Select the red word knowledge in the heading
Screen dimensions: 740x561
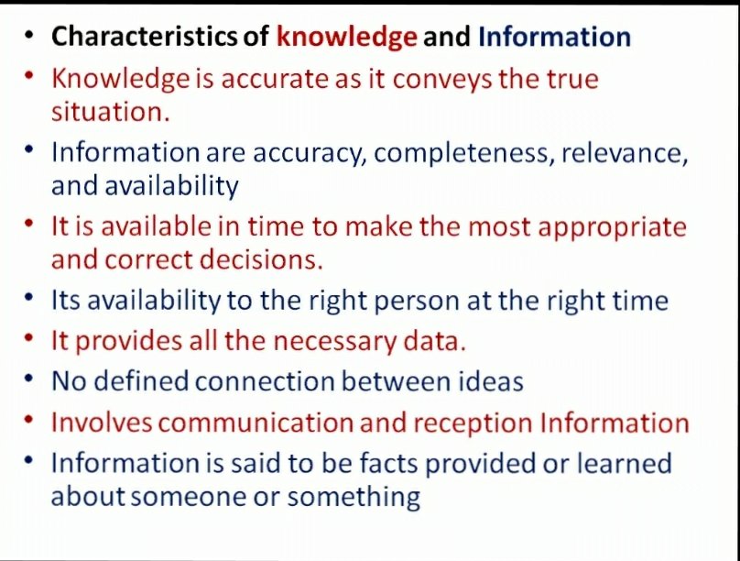click(347, 38)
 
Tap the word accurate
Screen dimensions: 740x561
click(275, 80)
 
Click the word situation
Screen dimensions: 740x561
click(111, 112)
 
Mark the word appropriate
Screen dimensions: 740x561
click(612, 228)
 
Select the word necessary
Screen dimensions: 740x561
click(334, 342)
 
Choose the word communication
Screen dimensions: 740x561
click(256, 423)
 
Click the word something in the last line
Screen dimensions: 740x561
click(354, 498)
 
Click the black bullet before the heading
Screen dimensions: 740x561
click(29, 35)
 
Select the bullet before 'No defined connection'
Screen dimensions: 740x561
click(29, 379)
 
